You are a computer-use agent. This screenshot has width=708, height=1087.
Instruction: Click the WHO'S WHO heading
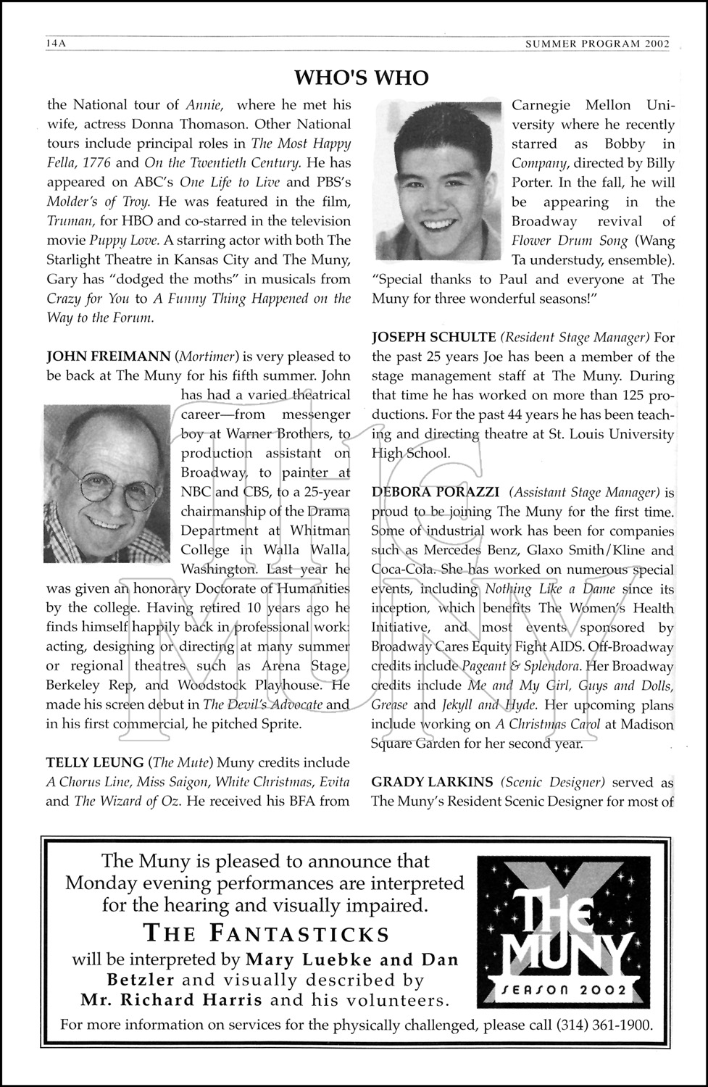coord(362,78)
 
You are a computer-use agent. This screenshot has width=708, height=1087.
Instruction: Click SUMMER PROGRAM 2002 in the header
coord(597,43)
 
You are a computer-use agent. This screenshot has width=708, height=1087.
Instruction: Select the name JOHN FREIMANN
coord(108,357)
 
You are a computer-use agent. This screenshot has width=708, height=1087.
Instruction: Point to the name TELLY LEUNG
coord(94,762)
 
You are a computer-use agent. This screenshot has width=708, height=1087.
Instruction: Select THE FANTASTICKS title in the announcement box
coord(266,933)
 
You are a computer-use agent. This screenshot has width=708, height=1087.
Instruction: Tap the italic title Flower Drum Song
coord(567,241)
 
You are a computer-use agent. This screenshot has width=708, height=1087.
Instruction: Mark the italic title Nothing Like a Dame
coord(550,589)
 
